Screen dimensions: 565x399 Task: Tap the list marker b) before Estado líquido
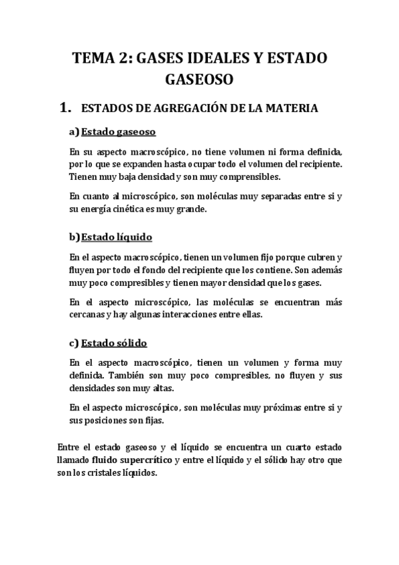[74, 237]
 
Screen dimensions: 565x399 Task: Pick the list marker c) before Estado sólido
[74, 344]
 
